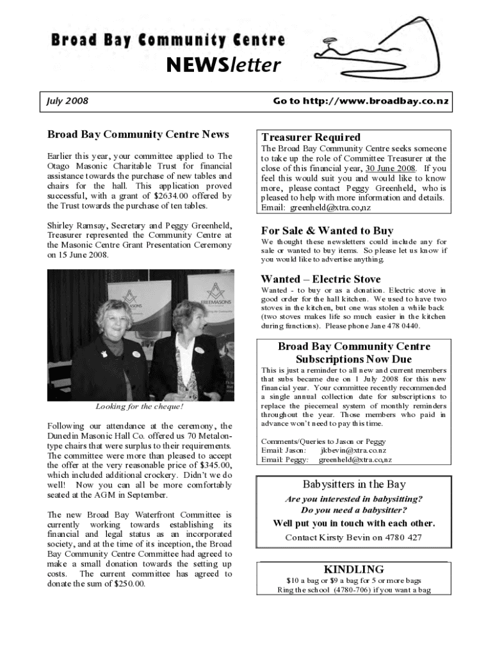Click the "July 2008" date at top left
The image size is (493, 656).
[x=67, y=101]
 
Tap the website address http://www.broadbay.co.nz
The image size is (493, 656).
[x=361, y=101]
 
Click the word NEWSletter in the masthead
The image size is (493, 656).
[x=223, y=65]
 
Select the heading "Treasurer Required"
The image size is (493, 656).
[x=311, y=137]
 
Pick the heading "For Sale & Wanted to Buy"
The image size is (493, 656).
[x=327, y=231]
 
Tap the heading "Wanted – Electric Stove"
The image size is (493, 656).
[x=320, y=279]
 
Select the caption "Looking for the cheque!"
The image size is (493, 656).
[x=139, y=406]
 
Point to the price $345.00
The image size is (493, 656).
[x=215, y=465]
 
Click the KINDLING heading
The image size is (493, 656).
[x=353, y=569]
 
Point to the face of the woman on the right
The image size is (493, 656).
[x=189, y=319]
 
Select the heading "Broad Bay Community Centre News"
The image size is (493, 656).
[x=138, y=135]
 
